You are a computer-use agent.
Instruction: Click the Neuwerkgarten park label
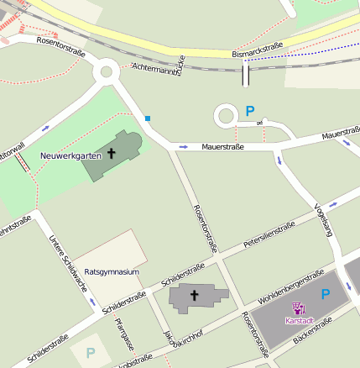coord(70,155)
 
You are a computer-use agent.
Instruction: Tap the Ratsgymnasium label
coord(112,272)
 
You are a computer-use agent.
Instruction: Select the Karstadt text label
coord(300,321)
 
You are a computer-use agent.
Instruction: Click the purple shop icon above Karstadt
coord(299,308)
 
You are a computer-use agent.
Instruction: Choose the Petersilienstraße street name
coord(269,235)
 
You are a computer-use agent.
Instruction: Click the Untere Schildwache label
coord(68,263)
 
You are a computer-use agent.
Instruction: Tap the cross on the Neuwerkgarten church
coord(110,154)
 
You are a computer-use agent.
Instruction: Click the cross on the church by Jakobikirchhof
coord(195,296)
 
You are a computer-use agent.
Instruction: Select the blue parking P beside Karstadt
coord(326,294)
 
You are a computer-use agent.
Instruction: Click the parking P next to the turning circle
coord(249,110)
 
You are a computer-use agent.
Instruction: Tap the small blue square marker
coord(149,118)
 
